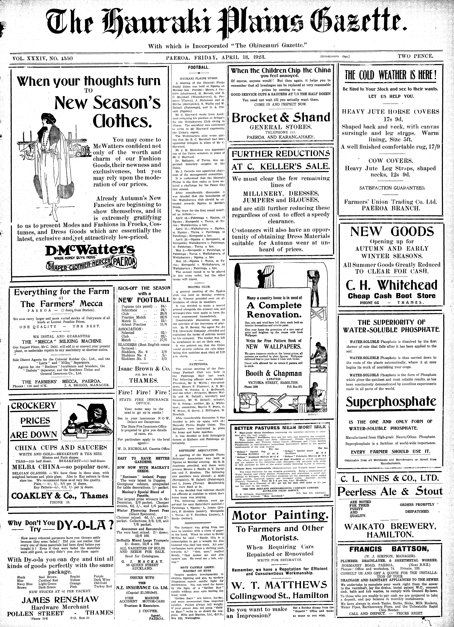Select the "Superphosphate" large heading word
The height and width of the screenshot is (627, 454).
[391, 402]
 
